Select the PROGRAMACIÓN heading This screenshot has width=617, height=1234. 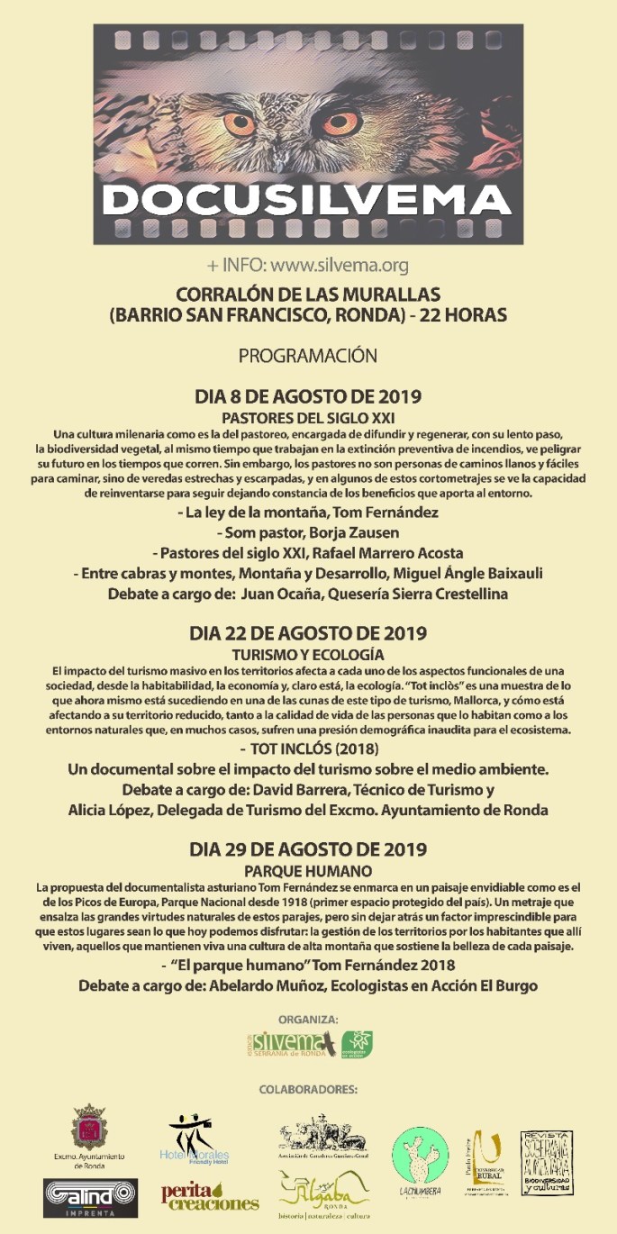308,356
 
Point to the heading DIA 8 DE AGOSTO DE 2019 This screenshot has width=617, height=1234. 308,396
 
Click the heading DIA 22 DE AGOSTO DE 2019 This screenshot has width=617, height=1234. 308,633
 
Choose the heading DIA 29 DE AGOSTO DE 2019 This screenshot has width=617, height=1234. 308,849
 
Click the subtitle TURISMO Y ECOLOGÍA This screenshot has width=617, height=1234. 308,655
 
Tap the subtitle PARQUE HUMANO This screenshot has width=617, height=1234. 308,871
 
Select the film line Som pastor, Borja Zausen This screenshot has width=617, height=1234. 308,532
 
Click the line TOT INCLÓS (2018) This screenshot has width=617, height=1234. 308,749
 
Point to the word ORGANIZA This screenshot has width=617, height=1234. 308,1020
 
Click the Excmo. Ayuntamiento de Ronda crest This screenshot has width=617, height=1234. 88,1130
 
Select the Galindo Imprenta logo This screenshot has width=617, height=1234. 90,1197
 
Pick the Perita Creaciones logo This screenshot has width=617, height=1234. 209,1196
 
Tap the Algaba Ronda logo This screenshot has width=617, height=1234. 324,1193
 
